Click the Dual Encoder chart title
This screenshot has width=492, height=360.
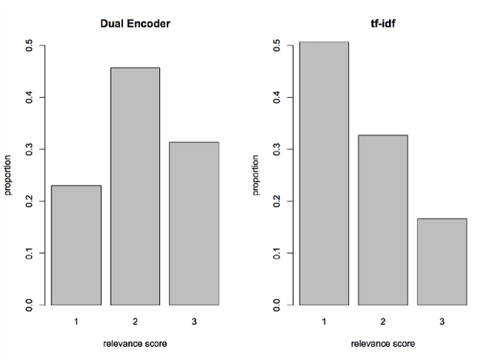click(x=135, y=23)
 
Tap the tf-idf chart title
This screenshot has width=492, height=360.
click(x=383, y=23)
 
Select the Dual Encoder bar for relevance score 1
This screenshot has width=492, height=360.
click(x=77, y=245)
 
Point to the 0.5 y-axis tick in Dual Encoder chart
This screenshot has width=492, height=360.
click(x=30, y=46)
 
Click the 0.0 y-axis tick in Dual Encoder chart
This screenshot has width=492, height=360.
click(x=30, y=305)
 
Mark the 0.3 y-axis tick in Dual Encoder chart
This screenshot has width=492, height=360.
click(x=30, y=149)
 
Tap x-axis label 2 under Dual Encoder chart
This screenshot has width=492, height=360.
click(x=135, y=321)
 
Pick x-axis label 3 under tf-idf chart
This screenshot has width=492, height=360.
click(x=441, y=321)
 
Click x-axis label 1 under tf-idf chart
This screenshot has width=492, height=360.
click(x=324, y=321)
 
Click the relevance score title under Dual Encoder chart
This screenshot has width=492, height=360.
click(x=135, y=343)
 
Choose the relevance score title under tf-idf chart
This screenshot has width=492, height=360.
click(x=383, y=343)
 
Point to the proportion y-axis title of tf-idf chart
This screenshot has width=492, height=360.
click(x=257, y=175)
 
